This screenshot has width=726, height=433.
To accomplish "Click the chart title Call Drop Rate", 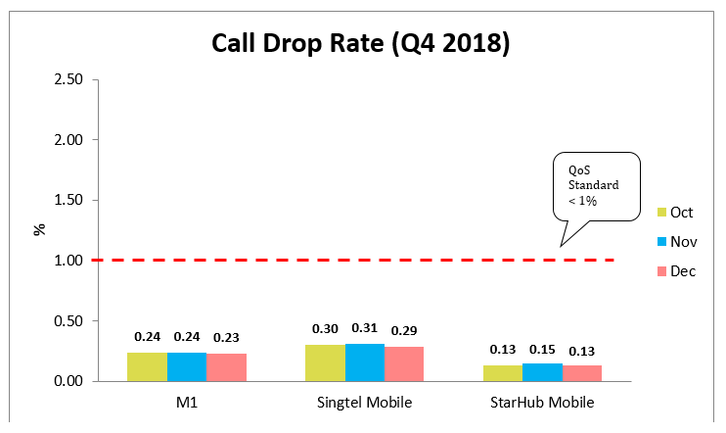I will [x=362, y=43].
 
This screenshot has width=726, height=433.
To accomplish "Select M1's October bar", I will [x=147, y=366].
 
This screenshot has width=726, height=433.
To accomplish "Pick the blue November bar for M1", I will [x=187, y=366].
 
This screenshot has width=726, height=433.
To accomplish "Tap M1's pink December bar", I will [x=226, y=367].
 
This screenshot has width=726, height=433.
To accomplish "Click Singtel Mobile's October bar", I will [x=324, y=362].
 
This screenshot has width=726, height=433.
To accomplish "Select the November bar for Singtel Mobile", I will [x=364, y=362].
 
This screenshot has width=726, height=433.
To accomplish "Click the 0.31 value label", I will [x=364, y=328].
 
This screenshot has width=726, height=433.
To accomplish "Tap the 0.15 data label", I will [x=541, y=350].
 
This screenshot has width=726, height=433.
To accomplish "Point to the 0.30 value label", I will [x=324, y=329].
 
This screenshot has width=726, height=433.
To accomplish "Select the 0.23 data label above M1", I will [x=226, y=337].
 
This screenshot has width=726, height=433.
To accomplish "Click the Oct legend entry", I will [x=676, y=212].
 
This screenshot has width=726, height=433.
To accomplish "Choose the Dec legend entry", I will [x=676, y=270].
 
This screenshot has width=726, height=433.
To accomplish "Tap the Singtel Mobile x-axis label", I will [x=364, y=403].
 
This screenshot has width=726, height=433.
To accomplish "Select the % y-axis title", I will [x=40, y=230].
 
